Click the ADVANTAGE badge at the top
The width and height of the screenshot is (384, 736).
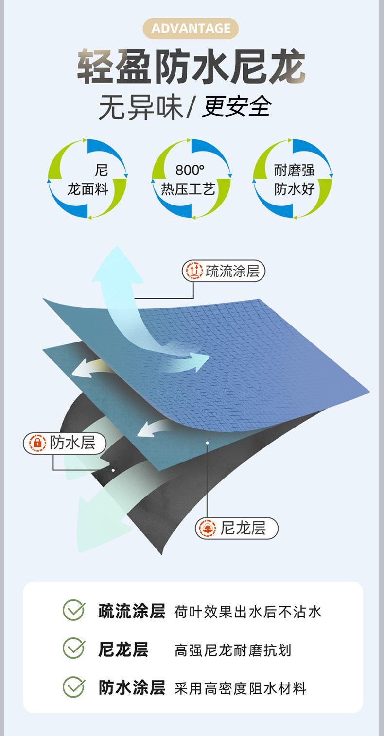191,29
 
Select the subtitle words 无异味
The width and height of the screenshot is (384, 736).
140,106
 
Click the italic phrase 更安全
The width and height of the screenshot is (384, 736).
237,106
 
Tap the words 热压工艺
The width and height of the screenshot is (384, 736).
188,189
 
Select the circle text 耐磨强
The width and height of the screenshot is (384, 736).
294,170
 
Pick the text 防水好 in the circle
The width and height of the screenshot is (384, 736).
294,189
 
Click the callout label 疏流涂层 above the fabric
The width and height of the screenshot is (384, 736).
232,271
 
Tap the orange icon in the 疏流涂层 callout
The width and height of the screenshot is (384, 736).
194,271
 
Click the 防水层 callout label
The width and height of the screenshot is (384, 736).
72,443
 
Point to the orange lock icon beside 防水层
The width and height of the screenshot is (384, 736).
37,443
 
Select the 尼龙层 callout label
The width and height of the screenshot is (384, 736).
243,528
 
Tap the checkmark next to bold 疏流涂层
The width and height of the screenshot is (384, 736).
73,610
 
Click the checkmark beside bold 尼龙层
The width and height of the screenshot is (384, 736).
73,649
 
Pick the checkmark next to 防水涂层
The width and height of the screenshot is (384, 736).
73,687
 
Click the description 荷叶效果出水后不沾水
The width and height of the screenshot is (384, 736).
247,612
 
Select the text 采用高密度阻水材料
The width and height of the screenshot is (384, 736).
240,688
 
